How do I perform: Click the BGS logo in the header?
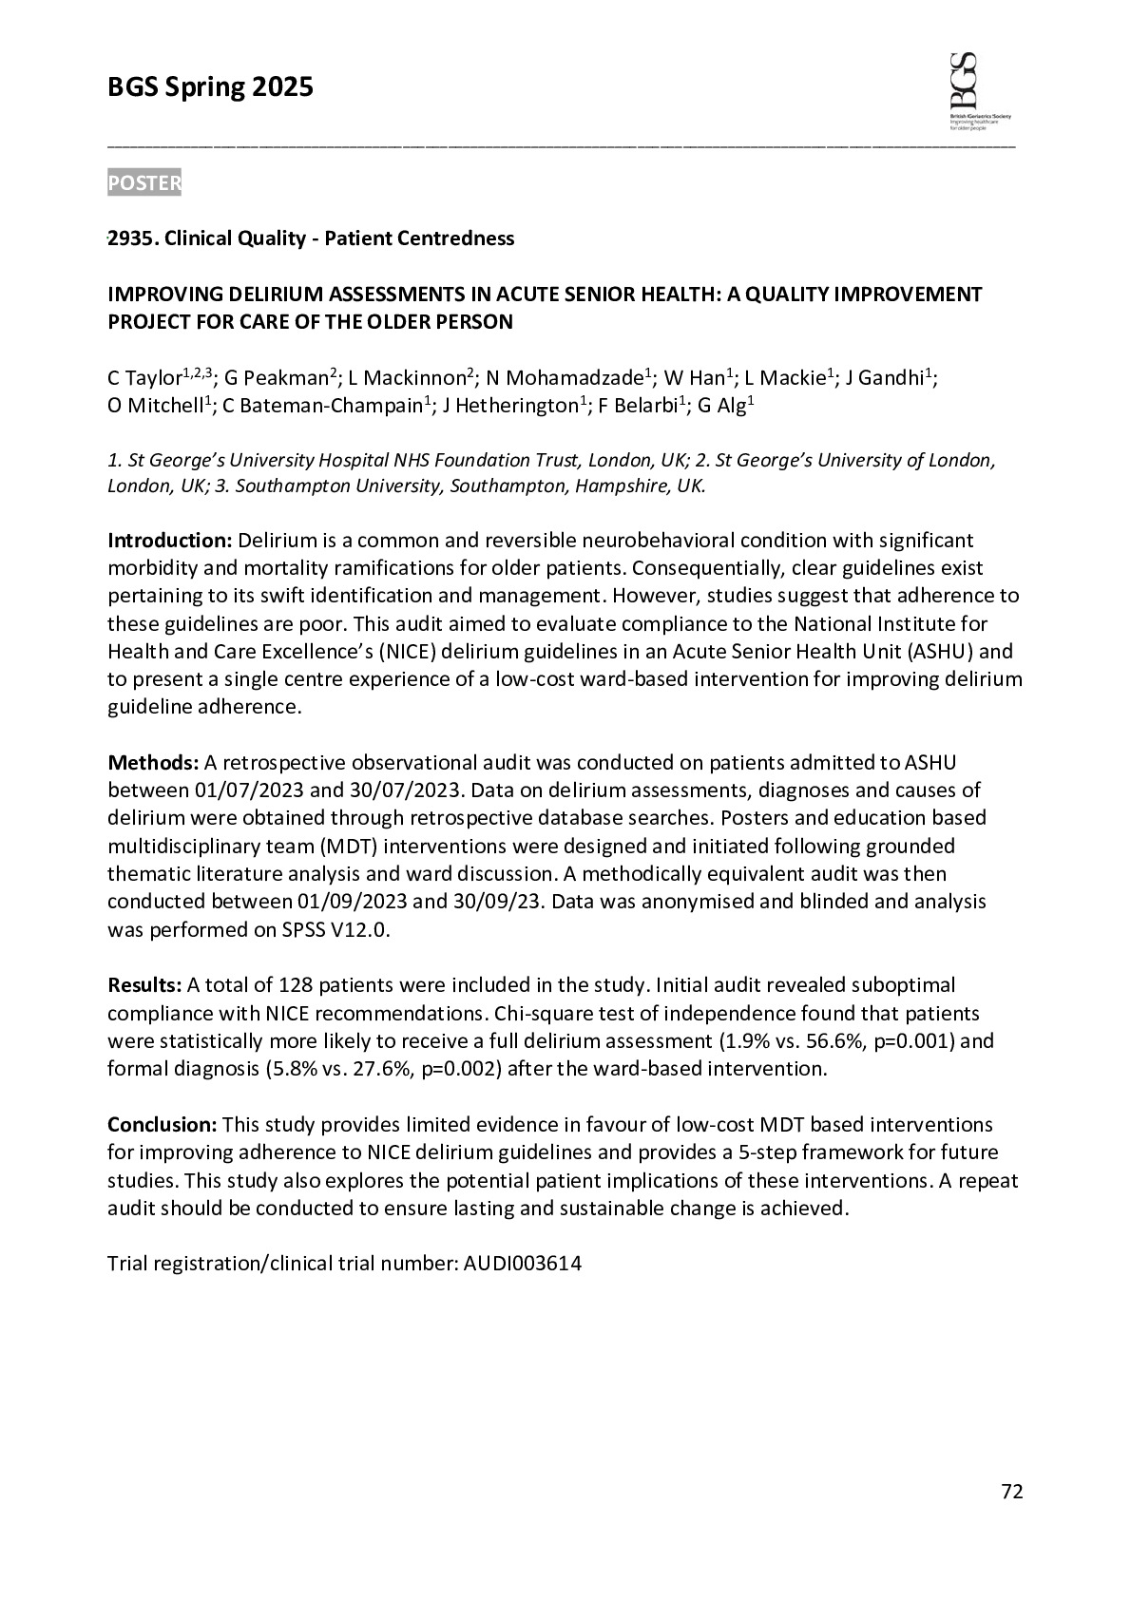(979, 89)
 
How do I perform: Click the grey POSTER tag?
(144, 182)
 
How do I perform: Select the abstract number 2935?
(131, 238)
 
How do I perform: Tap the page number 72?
(1011, 1492)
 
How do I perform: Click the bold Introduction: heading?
(169, 541)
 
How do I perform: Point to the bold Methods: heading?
(153, 762)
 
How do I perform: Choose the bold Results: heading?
(144, 984)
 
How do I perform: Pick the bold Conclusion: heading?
(163, 1125)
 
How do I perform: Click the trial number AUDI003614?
(522, 1264)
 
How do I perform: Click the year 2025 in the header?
(282, 88)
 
